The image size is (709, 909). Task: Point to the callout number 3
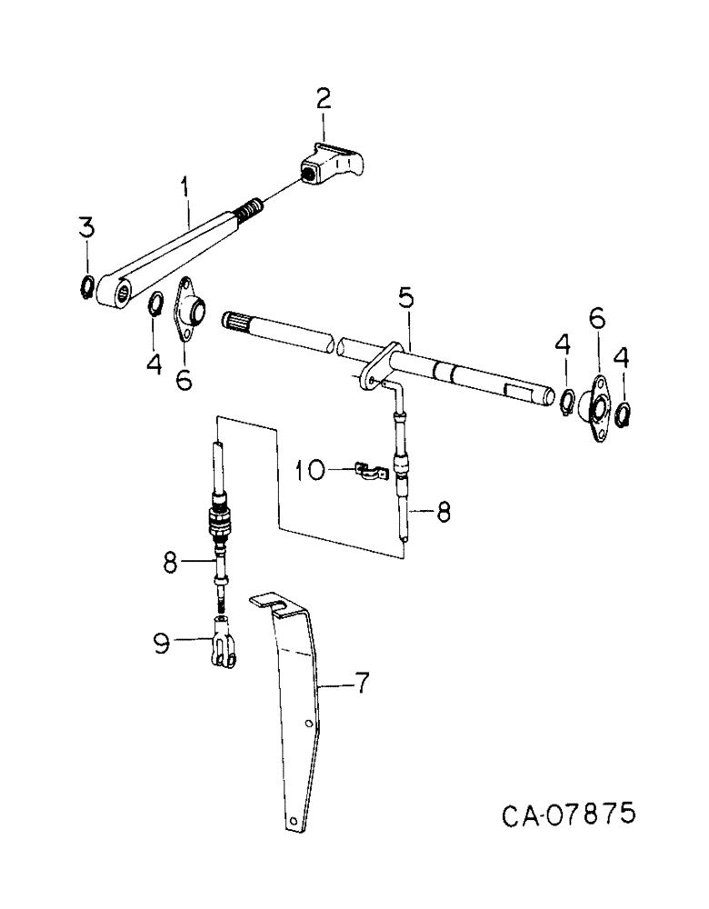[x=85, y=228]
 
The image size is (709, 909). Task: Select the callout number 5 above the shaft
[x=406, y=298]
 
